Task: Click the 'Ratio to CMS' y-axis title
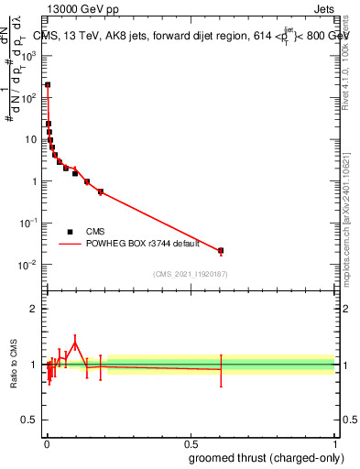[13, 365]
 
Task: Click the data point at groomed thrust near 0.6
[221, 250]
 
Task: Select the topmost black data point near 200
[48, 84]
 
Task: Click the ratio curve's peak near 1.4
[75, 344]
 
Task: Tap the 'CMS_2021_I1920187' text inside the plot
[190, 274]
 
